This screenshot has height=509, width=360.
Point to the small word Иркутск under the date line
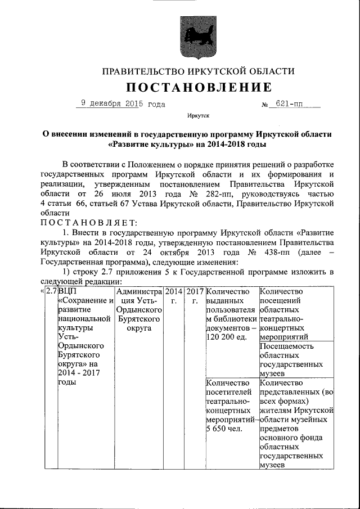199,116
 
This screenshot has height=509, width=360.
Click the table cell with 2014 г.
173,296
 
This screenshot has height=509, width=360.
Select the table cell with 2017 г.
195,296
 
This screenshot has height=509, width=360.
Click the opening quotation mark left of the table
42,291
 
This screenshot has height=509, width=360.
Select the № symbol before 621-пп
265,105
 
